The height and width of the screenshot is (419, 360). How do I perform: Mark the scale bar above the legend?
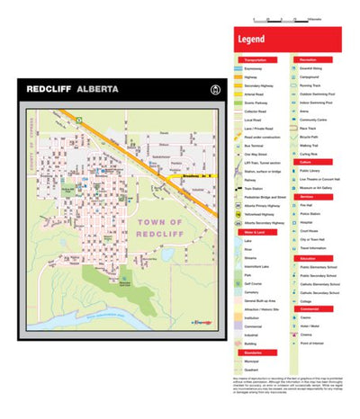pyautogui.click(x=281, y=19)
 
